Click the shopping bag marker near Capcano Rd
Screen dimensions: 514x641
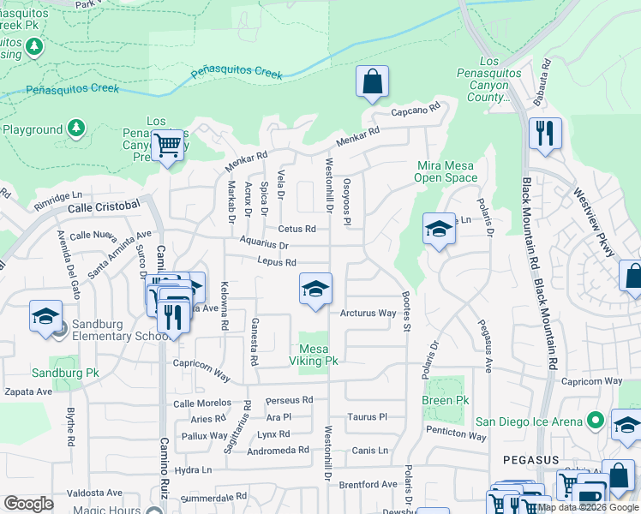[373, 83]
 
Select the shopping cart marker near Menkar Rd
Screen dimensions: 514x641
[168, 146]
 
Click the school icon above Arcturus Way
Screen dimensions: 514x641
[315, 289]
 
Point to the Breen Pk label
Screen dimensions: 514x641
[446, 400]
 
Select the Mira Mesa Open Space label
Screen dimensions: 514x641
[446, 171]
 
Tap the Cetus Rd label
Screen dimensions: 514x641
[297, 229]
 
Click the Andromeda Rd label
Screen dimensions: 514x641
[280, 450]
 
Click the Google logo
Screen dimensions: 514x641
[28, 504]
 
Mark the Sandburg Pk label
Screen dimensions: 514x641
[60, 373]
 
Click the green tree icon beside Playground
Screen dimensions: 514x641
[76, 128]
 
